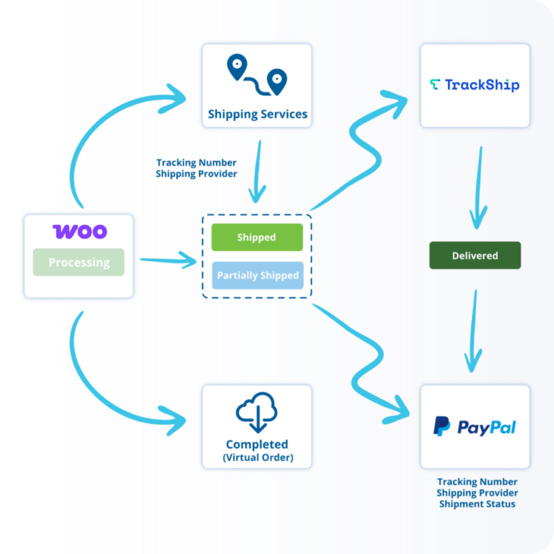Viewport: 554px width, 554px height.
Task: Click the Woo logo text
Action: pyautogui.click(x=79, y=232)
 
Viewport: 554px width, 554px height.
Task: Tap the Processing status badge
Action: pyautogui.click(x=79, y=262)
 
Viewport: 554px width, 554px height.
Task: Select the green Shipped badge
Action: pyautogui.click(x=257, y=237)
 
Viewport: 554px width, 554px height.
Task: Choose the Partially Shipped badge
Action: pyautogui.click(x=258, y=276)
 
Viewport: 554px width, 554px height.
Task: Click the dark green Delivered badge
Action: pyautogui.click(x=475, y=255)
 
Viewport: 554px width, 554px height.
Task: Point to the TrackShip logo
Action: pyautogui.click(x=475, y=85)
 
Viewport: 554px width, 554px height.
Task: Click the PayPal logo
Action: pyautogui.click(x=475, y=427)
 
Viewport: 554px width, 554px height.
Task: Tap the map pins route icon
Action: pyautogui.click(x=257, y=75)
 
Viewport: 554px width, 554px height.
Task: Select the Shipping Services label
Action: pyautogui.click(x=258, y=114)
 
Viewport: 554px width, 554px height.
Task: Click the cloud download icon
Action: pyautogui.click(x=257, y=412)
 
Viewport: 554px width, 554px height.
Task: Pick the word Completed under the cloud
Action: pyautogui.click(x=257, y=444)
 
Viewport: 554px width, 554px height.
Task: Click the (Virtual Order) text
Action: pyautogui.click(x=258, y=457)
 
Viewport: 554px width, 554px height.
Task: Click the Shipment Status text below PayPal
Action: pyautogui.click(x=477, y=504)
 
